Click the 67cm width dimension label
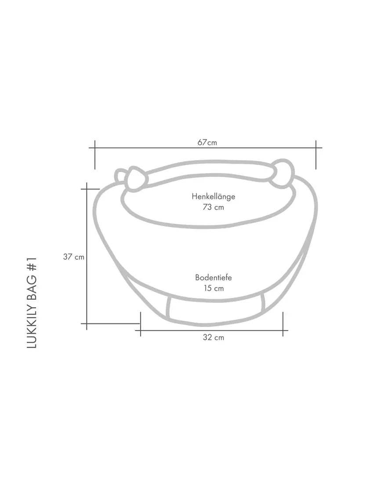[x=207, y=142]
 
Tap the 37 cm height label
[x=73, y=257]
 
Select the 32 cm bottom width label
[x=213, y=338]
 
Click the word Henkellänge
[x=214, y=197]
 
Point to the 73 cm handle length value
[x=213, y=207]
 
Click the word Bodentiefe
[x=214, y=278]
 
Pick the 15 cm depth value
[x=214, y=288]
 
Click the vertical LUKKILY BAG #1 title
[x=32, y=303]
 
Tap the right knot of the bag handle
[x=282, y=173]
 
